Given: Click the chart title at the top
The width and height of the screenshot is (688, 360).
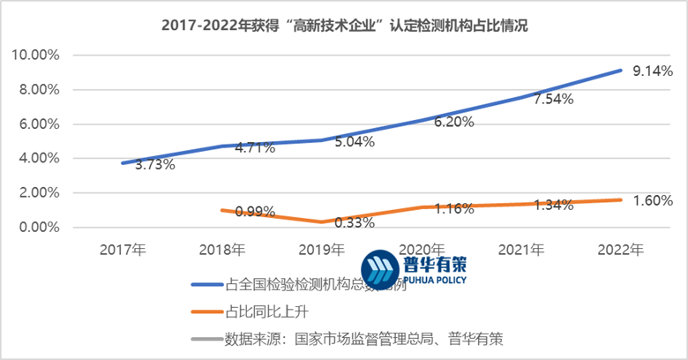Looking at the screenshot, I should coord(344,26).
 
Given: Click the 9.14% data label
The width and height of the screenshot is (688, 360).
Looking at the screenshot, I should coord(654,70).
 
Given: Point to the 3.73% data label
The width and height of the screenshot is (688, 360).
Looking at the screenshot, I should coord(154,164).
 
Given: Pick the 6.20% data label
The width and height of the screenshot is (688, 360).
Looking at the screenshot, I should coord(453,123).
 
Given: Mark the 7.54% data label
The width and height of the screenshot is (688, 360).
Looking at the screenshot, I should coord(553,100).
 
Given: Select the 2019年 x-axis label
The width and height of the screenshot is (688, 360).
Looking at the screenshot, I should coord(321,249).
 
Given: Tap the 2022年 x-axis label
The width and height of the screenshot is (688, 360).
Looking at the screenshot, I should coord(620,249).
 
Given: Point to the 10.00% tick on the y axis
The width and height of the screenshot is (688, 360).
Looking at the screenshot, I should coord(35,55).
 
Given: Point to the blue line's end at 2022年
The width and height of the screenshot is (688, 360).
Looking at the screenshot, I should coord(620,71).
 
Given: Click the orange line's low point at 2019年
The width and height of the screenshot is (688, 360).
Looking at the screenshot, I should coord(321,222).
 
